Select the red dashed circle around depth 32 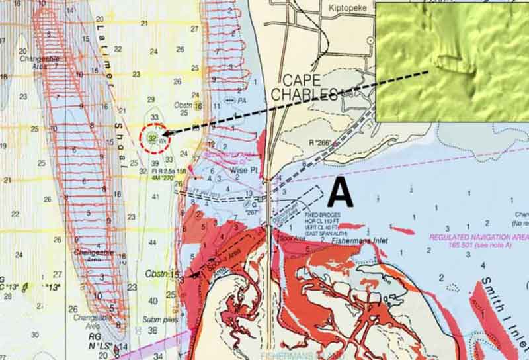(153, 138)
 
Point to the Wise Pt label (242, 169)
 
